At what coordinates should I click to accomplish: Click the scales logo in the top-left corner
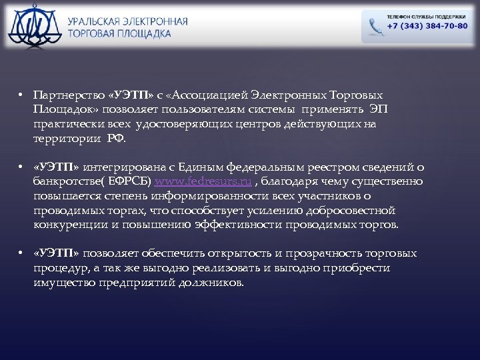tap(33, 25)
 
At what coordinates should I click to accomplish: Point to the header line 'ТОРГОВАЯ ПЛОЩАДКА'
tap(119, 33)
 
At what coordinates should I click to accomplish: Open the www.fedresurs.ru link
tap(203, 182)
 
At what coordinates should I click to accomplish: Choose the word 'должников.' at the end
tap(212, 283)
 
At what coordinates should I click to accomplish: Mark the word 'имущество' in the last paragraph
tap(61, 283)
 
